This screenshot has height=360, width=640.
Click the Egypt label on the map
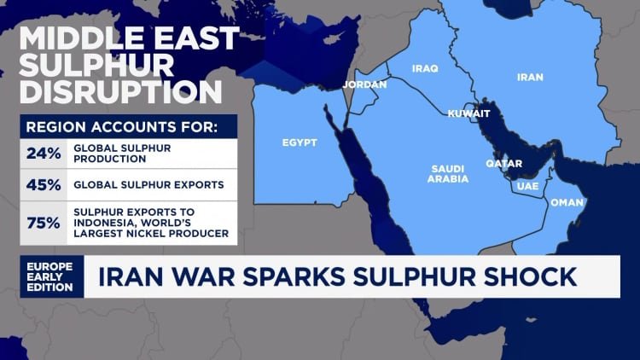[x=300, y=142]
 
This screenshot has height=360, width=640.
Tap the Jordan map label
[x=364, y=84]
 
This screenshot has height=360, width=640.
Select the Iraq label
[x=424, y=68]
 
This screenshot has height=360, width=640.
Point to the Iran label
[x=530, y=77]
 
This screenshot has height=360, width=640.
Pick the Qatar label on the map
[x=503, y=163]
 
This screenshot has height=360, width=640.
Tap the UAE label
[x=527, y=184]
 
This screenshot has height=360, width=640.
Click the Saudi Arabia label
[x=448, y=173]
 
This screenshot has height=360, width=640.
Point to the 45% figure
[x=43, y=183]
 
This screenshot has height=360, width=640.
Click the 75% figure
[x=43, y=223]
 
